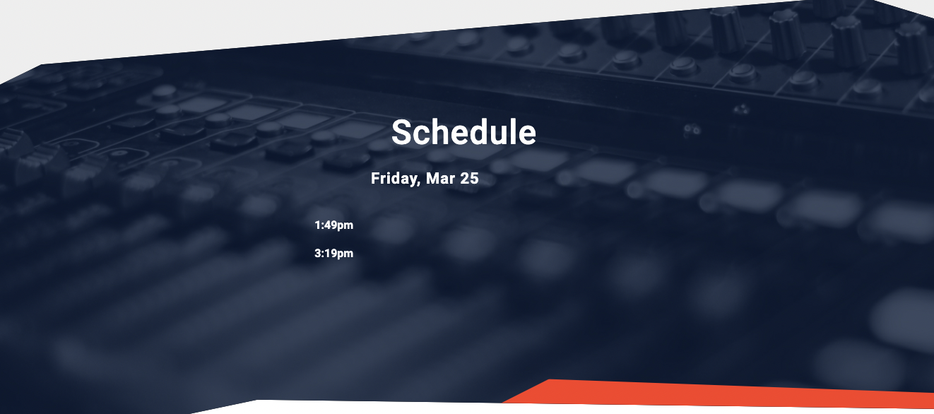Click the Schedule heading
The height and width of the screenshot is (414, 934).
click(x=463, y=132)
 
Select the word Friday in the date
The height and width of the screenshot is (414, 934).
click(x=395, y=179)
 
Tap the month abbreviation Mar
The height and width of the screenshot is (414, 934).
click(x=440, y=179)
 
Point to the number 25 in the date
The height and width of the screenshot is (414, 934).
click(x=469, y=179)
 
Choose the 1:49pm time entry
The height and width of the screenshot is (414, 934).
click(x=333, y=225)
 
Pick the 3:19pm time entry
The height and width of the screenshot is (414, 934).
click(x=333, y=254)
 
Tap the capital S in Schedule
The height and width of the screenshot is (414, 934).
click(x=401, y=132)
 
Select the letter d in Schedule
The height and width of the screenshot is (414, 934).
click(x=473, y=132)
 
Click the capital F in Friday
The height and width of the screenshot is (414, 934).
click(x=375, y=179)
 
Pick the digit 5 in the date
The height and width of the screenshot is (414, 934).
click(x=474, y=179)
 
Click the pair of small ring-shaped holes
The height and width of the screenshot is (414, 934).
click(x=692, y=130)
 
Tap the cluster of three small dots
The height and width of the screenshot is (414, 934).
click(x=741, y=110)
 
